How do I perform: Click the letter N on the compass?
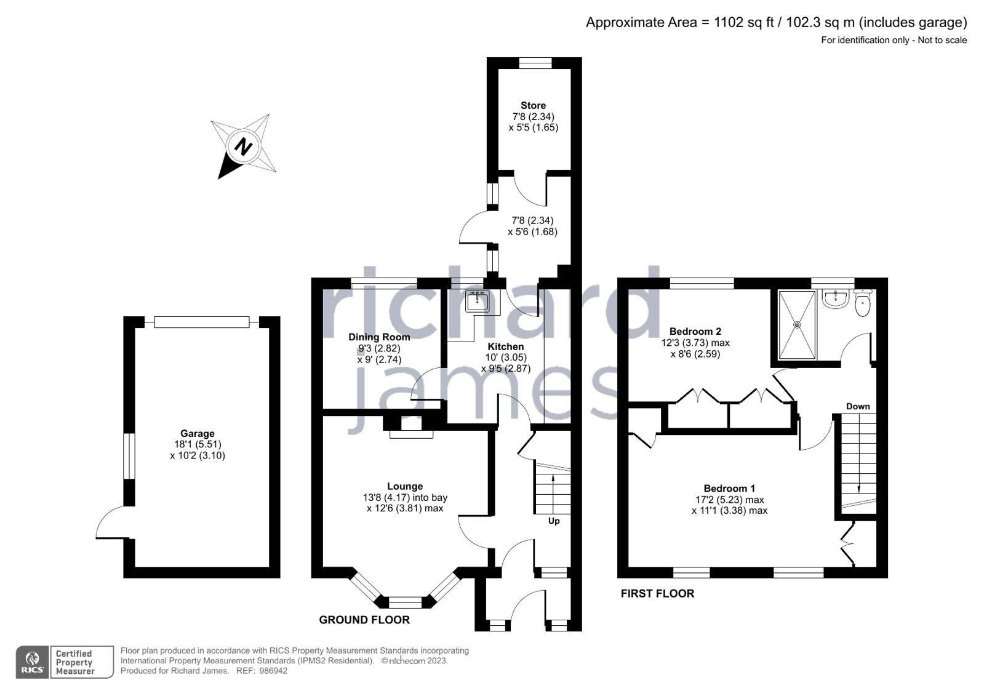point(244,147)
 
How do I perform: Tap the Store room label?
point(533,105)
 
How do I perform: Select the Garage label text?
point(197,433)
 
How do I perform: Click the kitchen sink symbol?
point(478,301)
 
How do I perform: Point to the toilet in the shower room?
point(863,304)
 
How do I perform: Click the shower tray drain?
point(798,324)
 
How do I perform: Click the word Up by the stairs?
point(554,521)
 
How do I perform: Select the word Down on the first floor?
point(858,406)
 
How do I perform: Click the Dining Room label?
point(379,337)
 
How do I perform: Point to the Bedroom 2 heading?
point(695,331)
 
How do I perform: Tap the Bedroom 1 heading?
point(729,488)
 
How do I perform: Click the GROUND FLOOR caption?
point(364,620)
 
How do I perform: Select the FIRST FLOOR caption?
point(657,593)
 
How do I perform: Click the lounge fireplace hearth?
point(411,434)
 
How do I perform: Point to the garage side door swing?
point(112,523)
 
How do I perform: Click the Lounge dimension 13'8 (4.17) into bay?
point(405,497)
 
